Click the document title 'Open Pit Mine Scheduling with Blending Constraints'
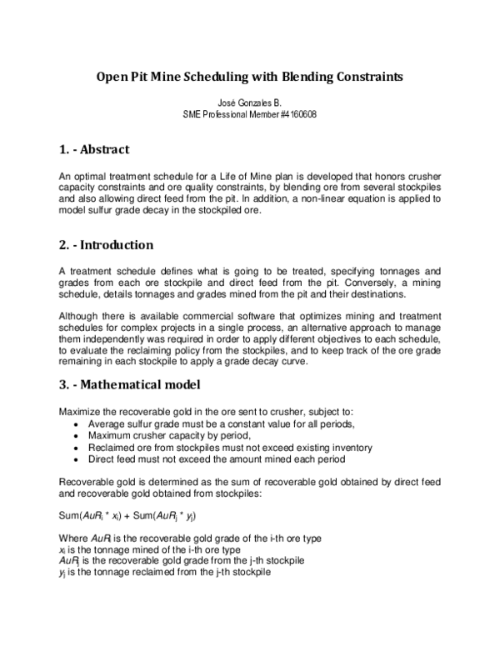tap(249, 77)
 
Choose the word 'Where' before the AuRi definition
tap(73, 539)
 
